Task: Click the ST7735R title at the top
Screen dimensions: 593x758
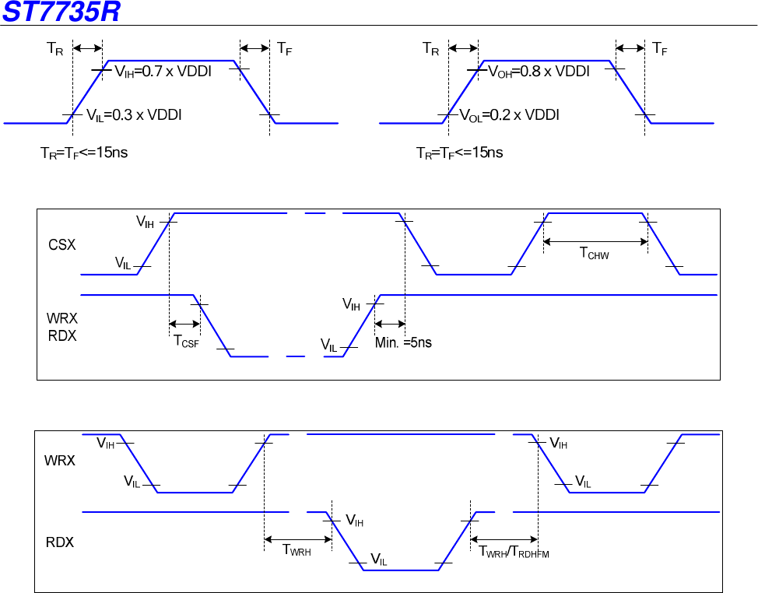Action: pyautogui.click(x=61, y=12)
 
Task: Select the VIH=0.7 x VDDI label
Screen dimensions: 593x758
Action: pyautogui.click(x=163, y=72)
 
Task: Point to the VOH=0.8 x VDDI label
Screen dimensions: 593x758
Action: pyautogui.click(x=539, y=72)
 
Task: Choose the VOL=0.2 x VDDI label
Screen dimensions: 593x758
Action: pyautogui.click(x=510, y=115)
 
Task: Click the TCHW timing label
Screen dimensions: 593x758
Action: pyautogui.click(x=595, y=253)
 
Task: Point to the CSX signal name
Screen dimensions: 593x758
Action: pyautogui.click(x=62, y=244)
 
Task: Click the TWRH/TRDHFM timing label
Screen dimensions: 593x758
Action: pyautogui.click(x=514, y=553)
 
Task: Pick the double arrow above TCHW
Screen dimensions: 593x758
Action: pyautogui.click(x=595, y=241)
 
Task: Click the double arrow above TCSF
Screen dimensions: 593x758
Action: pyautogui.click(x=184, y=324)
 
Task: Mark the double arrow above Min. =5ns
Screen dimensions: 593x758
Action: pyautogui.click(x=390, y=324)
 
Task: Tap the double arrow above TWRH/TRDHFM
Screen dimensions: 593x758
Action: pyautogui.click(x=504, y=539)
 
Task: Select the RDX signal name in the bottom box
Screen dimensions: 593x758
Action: pyautogui.click(x=61, y=542)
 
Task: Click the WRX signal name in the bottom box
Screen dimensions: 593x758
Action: pyautogui.click(x=61, y=460)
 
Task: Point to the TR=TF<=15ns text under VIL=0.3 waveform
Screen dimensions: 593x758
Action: pyautogui.click(x=84, y=153)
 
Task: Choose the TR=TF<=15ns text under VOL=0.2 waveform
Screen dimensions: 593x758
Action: pyautogui.click(x=459, y=153)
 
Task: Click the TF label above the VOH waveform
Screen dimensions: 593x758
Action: pyautogui.click(x=660, y=49)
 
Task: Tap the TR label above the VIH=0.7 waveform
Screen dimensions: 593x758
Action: pyautogui.click(x=54, y=49)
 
